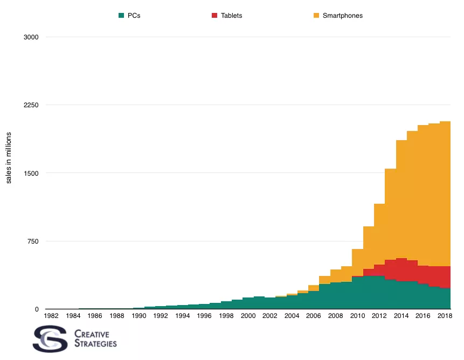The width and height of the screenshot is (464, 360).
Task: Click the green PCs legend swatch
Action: pos(121,16)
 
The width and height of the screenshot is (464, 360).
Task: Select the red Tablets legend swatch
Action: pos(215,16)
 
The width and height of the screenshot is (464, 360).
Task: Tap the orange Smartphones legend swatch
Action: pos(316,16)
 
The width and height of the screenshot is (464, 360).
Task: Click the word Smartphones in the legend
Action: pos(342,16)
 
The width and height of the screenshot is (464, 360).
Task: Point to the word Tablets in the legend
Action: pos(231,16)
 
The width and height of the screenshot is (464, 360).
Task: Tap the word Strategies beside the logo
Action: pos(95,343)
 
